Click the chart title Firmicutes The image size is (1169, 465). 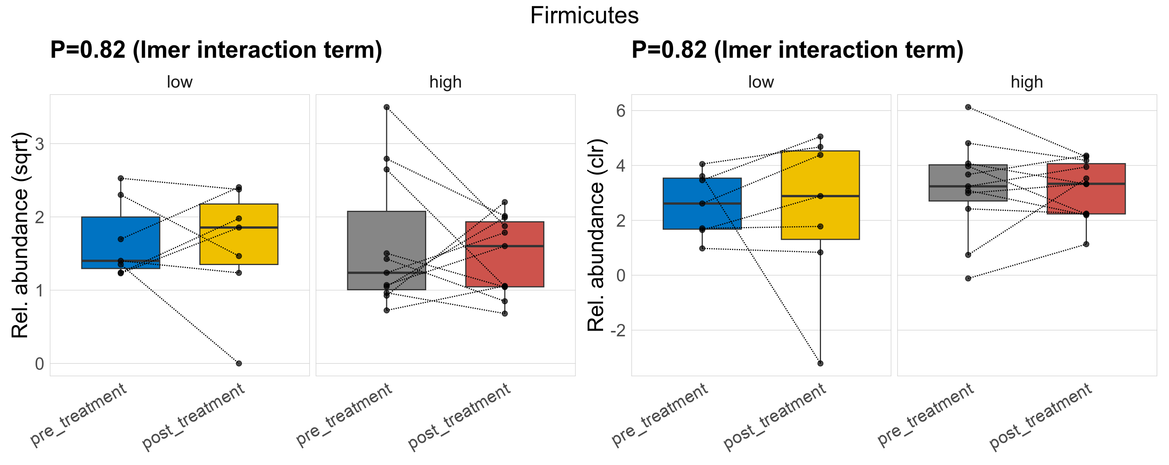coord(584,16)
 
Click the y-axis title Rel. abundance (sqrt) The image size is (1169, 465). coord(20,235)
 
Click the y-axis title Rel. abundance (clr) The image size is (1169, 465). coord(596,235)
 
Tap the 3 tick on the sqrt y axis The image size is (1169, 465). coord(40,144)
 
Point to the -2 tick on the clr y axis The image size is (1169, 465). coord(618,330)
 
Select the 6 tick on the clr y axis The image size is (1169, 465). coord(621,111)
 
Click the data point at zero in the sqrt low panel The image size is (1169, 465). coord(239,363)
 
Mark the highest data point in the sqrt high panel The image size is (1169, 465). coord(387,107)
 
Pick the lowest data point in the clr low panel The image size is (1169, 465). coord(820,363)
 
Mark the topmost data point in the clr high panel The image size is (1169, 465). coord(968,107)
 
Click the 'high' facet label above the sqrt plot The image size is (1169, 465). coord(445,82)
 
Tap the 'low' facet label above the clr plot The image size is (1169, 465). coord(761,82)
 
